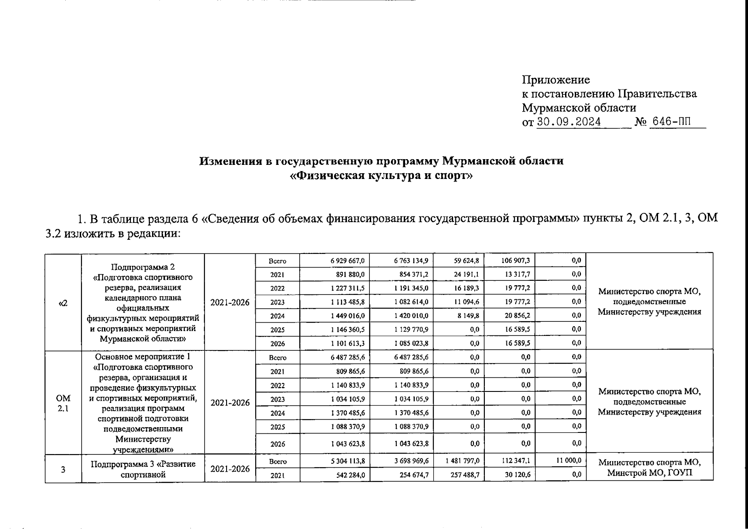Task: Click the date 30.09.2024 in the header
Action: (569, 122)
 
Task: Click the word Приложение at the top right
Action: (555, 80)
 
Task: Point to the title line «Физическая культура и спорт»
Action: (382, 176)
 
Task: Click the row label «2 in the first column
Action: (63, 302)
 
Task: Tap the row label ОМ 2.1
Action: (63, 403)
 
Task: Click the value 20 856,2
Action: (517, 316)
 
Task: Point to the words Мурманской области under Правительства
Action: (579, 108)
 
